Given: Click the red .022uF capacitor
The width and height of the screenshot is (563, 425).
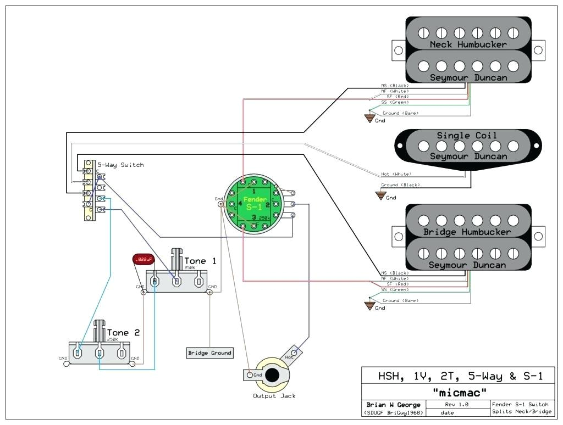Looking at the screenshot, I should click(x=143, y=258).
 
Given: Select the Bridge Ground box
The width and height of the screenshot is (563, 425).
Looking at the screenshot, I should click(x=209, y=353).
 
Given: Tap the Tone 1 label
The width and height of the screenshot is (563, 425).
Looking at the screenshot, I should click(x=200, y=261).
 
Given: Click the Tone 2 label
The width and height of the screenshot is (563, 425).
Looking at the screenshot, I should click(x=123, y=333).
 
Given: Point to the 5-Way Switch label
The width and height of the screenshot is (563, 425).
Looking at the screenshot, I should click(x=120, y=165).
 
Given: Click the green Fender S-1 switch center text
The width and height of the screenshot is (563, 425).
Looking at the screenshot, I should click(x=255, y=203).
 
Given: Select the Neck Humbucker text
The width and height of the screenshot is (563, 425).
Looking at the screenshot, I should click(x=468, y=44).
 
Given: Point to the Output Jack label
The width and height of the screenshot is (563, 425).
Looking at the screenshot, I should click(x=274, y=396).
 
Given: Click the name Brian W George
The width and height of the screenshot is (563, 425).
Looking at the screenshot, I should click(x=394, y=405).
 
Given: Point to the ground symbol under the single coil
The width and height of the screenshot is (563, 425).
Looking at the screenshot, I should click(x=380, y=194).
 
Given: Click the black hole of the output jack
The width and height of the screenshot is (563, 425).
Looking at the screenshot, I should click(x=272, y=374).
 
